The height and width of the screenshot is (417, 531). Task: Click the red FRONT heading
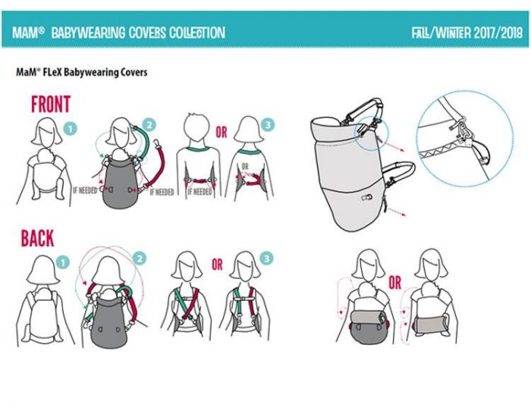pyautogui.click(x=51, y=104)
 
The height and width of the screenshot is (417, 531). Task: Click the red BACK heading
pyautogui.click(x=37, y=238)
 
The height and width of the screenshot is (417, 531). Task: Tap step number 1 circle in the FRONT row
pyautogui.click(x=71, y=129)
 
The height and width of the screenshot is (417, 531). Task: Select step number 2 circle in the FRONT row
pyautogui.click(x=149, y=125)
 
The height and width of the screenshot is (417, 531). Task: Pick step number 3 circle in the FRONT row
pyautogui.click(x=268, y=125)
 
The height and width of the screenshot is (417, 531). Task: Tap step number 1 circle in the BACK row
pyautogui.click(x=63, y=262)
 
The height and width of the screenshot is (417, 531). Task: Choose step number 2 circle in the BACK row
pyautogui.click(x=139, y=259)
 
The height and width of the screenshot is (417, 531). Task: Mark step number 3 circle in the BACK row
pyautogui.click(x=266, y=259)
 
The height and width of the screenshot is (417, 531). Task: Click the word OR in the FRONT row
pyautogui.click(x=222, y=133)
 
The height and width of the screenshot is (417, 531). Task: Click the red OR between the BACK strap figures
pyautogui.click(x=218, y=265)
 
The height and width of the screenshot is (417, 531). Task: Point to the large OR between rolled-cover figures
pyautogui.click(x=395, y=283)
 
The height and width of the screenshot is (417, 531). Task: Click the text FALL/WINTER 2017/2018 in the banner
pyautogui.click(x=467, y=33)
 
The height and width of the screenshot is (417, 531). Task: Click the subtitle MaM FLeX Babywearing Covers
pyautogui.click(x=82, y=72)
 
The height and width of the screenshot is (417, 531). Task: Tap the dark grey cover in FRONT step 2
pyautogui.click(x=120, y=183)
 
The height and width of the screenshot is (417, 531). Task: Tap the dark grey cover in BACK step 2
pyautogui.click(x=109, y=320)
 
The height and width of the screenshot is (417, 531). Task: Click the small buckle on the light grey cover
pyautogui.click(x=366, y=197)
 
